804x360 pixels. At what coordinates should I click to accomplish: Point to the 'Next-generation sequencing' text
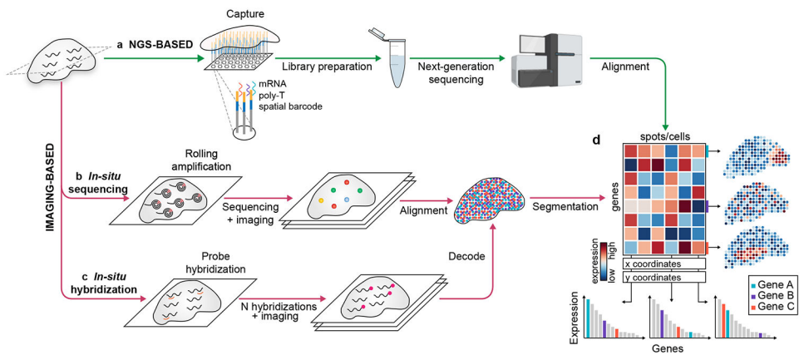pos(463,72)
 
